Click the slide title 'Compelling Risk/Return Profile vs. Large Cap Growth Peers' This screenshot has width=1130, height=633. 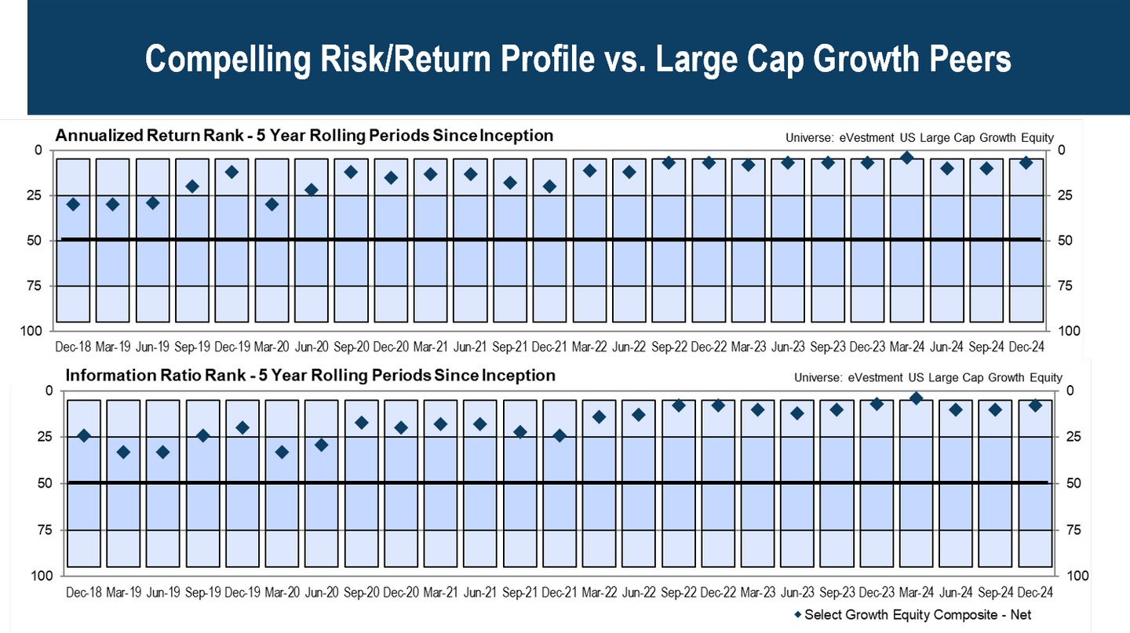click(x=578, y=60)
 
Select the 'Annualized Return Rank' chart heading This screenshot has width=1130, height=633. click(x=304, y=136)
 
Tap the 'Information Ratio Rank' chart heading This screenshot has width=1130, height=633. click(x=310, y=376)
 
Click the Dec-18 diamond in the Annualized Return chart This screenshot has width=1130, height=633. click(x=74, y=204)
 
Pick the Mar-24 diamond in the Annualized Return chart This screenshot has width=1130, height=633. click(x=906, y=158)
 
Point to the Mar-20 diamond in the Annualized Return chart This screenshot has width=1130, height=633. click(x=272, y=204)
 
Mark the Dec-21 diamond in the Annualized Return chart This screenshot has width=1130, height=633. click(x=549, y=187)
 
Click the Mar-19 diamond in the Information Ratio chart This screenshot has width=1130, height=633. click(x=123, y=452)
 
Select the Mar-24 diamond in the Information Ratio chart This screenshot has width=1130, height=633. click(x=916, y=398)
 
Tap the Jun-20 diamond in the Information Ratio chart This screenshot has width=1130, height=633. click(x=321, y=445)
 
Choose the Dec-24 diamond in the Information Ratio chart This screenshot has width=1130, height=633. click(x=1035, y=406)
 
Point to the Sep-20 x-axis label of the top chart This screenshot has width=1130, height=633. click(x=351, y=346)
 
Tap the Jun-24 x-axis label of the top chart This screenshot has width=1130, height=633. click(x=946, y=346)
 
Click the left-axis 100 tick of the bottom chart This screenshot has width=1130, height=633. click(x=42, y=577)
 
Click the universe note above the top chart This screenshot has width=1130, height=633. click(x=919, y=138)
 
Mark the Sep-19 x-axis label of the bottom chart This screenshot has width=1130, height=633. click(x=202, y=591)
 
